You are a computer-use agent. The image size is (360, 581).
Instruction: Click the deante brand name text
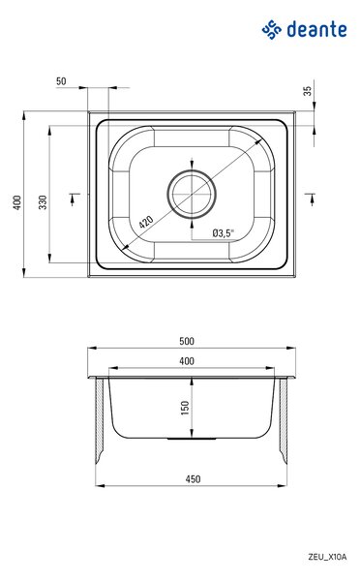pyautogui.click(x=316, y=30)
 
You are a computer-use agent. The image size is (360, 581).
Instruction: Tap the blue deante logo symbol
pyautogui.click(x=272, y=30)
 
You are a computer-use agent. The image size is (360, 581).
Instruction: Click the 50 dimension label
pyautogui.click(x=61, y=81)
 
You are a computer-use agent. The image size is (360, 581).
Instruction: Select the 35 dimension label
pyautogui.click(x=308, y=91)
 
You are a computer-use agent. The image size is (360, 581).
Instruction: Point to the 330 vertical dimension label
pyautogui.click(x=43, y=202)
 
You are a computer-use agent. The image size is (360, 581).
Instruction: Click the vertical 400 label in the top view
pyautogui.click(x=17, y=202)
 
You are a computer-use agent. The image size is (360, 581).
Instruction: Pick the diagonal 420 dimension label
pyautogui.click(x=146, y=222)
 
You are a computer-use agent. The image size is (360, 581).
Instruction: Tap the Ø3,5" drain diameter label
pyautogui.click(x=224, y=233)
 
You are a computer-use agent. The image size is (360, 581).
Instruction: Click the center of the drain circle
pyautogui.click(x=192, y=195)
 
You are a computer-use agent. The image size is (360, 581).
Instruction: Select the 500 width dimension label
pyautogui.click(x=187, y=341)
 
